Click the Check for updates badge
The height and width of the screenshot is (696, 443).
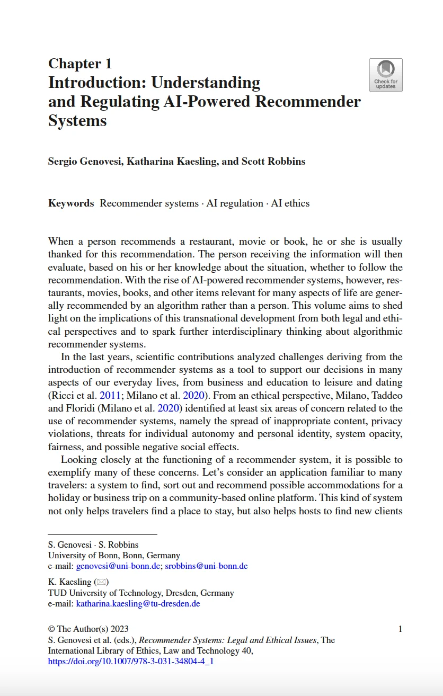pos(385,75)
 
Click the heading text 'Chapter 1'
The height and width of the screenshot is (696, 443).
pos(80,64)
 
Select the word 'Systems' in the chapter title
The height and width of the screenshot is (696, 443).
pos(77,121)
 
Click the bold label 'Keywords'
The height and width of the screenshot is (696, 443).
pos(71,203)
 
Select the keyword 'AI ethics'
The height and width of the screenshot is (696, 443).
pos(290,203)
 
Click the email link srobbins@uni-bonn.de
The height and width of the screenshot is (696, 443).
pos(206,566)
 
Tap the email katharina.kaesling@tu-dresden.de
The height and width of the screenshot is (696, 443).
pos(138,603)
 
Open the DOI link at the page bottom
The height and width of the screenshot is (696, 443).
pos(130,662)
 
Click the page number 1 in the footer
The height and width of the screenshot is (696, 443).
pos(400,629)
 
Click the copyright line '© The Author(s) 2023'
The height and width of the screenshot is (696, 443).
pos(88,629)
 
